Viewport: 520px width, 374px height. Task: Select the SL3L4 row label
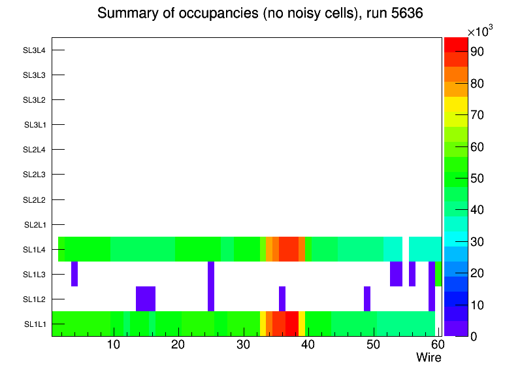(35, 50)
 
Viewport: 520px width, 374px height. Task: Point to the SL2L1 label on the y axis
(35, 225)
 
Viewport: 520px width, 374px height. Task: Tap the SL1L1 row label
(35, 324)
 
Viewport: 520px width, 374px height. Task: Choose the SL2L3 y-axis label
(35, 175)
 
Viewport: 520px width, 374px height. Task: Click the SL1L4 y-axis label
(35, 250)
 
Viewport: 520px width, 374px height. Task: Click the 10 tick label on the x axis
(114, 345)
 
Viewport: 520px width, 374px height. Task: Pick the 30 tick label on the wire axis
(243, 345)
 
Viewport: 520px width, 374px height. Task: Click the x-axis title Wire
(429, 358)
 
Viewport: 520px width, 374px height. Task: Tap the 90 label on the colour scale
(476, 52)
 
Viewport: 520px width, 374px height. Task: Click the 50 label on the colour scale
(476, 178)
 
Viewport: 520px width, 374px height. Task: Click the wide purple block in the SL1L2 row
(146, 299)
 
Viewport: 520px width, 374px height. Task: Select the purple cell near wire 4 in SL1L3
(74, 274)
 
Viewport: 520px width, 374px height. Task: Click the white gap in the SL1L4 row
(406, 249)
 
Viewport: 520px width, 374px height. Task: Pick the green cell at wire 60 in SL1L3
(438, 274)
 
